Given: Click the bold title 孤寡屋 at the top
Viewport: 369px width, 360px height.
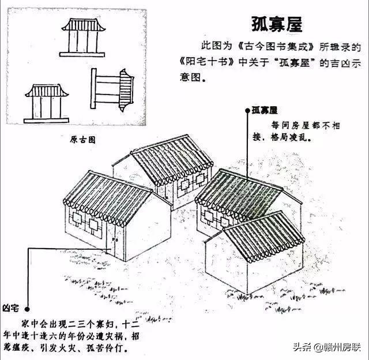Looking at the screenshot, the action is pyautogui.click(x=277, y=24).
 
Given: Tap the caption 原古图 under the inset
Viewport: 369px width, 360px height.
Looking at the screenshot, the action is pyautogui.click(x=82, y=139).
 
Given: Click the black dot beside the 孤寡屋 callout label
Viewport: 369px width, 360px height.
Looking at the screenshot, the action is pyautogui.click(x=248, y=109).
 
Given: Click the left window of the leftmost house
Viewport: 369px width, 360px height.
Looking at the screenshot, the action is pyautogui.click(x=76, y=219).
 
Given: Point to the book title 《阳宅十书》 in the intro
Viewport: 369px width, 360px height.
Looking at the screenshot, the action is pyautogui.click(x=203, y=61).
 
